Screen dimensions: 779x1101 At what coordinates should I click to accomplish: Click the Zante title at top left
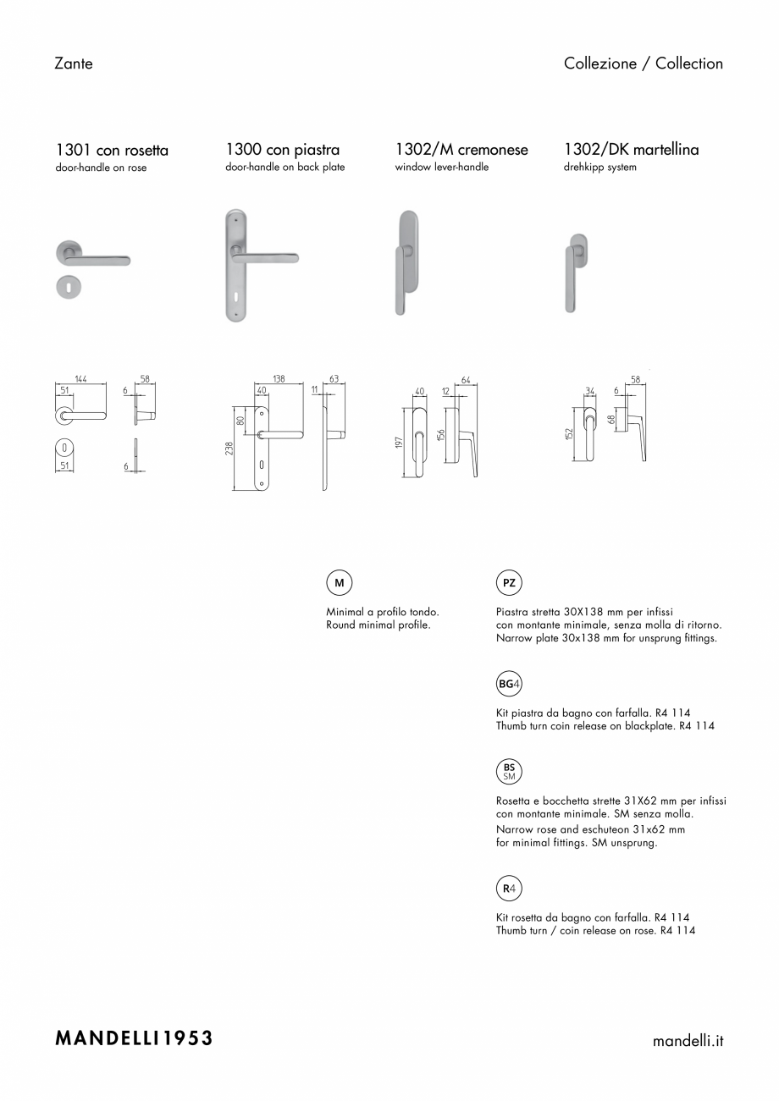click(74, 63)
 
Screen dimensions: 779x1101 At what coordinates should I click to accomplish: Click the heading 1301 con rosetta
click(112, 150)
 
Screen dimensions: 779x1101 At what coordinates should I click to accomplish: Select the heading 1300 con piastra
click(282, 150)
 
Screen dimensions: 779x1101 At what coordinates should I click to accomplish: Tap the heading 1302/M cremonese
click(461, 150)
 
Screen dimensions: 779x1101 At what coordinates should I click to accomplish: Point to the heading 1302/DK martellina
click(631, 150)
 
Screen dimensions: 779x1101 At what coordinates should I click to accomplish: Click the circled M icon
click(340, 583)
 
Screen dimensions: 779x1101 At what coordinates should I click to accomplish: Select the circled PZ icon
click(509, 583)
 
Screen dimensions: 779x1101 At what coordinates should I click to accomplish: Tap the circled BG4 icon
click(509, 684)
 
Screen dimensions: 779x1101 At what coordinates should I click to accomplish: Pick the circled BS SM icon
click(509, 771)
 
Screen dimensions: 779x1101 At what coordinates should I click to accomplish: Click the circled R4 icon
click(509, 889)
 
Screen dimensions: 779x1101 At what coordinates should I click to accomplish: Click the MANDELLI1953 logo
click(134, 1038)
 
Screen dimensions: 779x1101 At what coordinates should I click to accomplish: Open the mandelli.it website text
click(688, 1041)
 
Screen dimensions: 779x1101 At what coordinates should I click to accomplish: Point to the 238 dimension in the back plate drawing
click(229, 449)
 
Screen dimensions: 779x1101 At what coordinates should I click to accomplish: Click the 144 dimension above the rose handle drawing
click(80, 379)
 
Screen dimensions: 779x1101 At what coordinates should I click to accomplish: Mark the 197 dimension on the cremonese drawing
click(399, 443)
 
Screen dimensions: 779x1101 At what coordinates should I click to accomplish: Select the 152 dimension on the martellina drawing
click(570, 434)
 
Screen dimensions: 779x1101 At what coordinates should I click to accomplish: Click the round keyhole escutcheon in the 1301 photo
click(69, 287)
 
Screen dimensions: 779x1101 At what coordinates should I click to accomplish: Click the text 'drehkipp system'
click(600, 167)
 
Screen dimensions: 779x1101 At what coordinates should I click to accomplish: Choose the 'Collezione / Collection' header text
click(644, 63)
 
